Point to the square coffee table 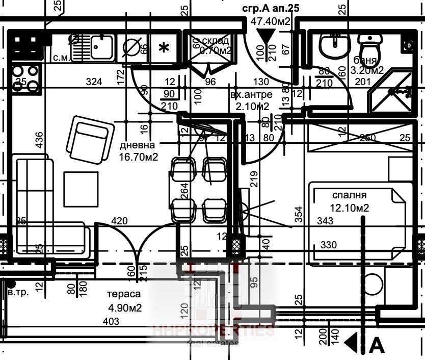click(81, 189)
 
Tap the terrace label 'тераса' click(123, 295)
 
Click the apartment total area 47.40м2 click(271, 21)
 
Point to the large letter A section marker click(377, 345)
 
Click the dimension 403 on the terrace click(111, 321)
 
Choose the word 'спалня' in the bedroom click(350, 195)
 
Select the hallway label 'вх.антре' click(251, 95)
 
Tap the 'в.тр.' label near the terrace click(18, 293)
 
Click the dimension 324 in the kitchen click(94, 82)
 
